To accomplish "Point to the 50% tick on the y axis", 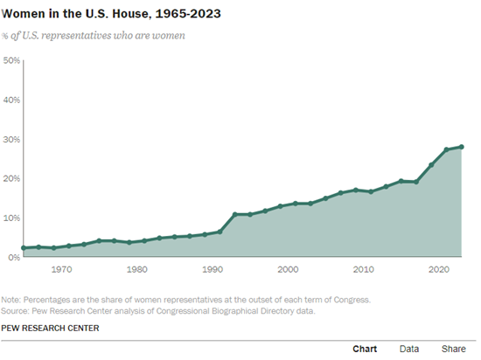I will click(x=11, y=61).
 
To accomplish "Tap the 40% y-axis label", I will click(x=11, y=100).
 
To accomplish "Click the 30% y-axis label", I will click(x=11, y=140).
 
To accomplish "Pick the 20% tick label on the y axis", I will click(x=11, y=179).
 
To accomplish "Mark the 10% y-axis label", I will click(x=11, y=218).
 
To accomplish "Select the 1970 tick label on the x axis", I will click(x=61, y=270).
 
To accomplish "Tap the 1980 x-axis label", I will click(x=136, y=270).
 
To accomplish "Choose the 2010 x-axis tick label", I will click(x=363, y=270).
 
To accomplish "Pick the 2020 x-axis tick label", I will click(x=438, y=270).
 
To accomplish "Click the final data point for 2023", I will click(x=461, y=147).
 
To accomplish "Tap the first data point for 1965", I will click(x=24, y=248).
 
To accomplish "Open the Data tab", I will click(x=408, y=349).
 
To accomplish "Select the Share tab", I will click(x=453, y=349).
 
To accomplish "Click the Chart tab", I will click(x=365, y=349).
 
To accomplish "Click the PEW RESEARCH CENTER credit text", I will click(x=50, y=329).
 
